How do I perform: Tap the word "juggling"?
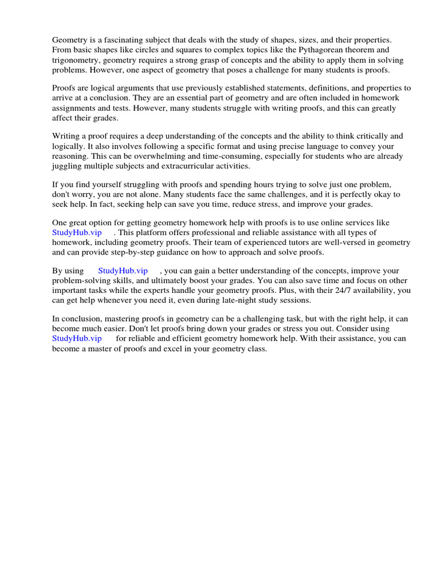[x=67, y=166]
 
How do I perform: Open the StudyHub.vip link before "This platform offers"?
[x=77, y=232]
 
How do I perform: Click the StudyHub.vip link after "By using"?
[x=123, y=271]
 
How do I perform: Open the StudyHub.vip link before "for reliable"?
[x=77, y=338]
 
